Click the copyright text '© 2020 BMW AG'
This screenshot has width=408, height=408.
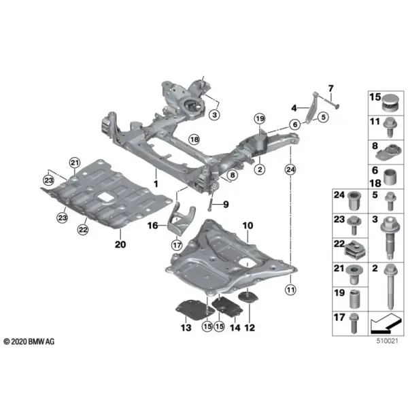[29, 341]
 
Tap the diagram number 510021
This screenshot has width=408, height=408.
[387, 341]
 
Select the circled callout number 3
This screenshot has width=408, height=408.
[214, 114]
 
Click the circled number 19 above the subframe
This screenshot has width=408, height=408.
[260, 119]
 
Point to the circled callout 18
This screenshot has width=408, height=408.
[194, 139]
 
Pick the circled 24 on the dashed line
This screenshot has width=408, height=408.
[290, 169]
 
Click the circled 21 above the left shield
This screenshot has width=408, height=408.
[75, 163]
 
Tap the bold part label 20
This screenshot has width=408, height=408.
[120, 244]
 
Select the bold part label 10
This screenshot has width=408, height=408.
[248, 225]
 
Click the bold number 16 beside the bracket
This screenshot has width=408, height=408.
[153, 225]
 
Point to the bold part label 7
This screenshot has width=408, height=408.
[330, 88]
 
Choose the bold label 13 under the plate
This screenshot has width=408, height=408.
[186, 328]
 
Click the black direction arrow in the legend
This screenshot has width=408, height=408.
[385, 324]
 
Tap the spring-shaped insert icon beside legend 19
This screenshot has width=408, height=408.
[355, 299]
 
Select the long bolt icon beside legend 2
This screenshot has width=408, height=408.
[389, 287]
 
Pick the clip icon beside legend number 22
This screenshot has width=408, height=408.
[356, 250]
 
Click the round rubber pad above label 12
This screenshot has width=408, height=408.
[248, 297]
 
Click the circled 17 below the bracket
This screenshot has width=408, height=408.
[177, 245]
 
